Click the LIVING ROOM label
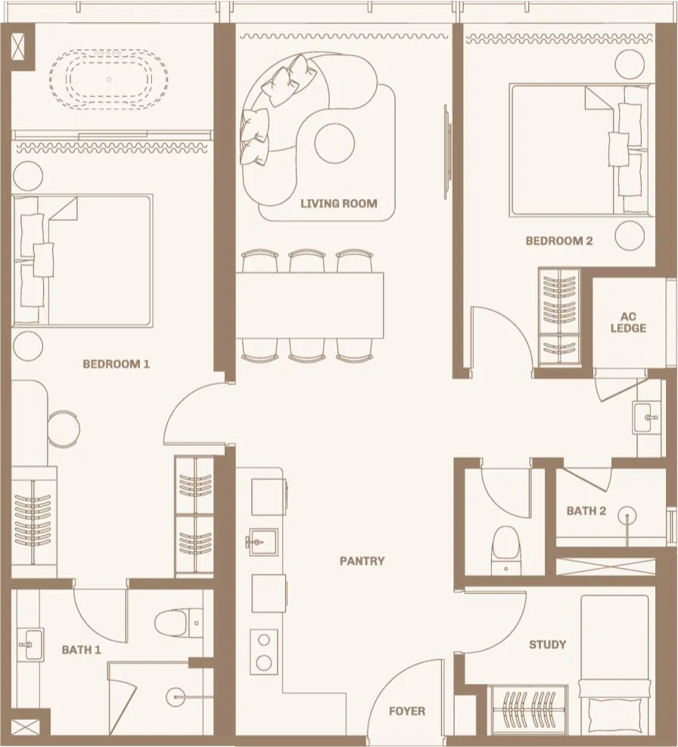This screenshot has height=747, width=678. click(338, 203)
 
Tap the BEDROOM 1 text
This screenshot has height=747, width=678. click(116, 364)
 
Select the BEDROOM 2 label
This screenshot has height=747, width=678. click(559, 241)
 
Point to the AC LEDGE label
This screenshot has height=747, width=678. click(628, 322)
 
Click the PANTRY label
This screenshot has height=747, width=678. click(362, 561)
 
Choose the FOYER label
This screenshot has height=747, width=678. click(407, 711)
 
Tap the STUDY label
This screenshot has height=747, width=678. click(547, 645)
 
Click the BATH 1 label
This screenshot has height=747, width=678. click(82, 650)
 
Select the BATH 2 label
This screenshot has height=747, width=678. click(586, 511)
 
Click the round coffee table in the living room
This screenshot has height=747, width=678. click(334, 143)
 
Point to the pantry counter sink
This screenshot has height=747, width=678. click(262, 542)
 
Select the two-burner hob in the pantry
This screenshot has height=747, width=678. click(264, 651)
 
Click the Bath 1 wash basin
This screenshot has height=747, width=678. click(30, 645)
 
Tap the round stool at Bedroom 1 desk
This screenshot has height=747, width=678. click(64, 429)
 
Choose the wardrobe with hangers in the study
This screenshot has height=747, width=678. click(527, 709)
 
